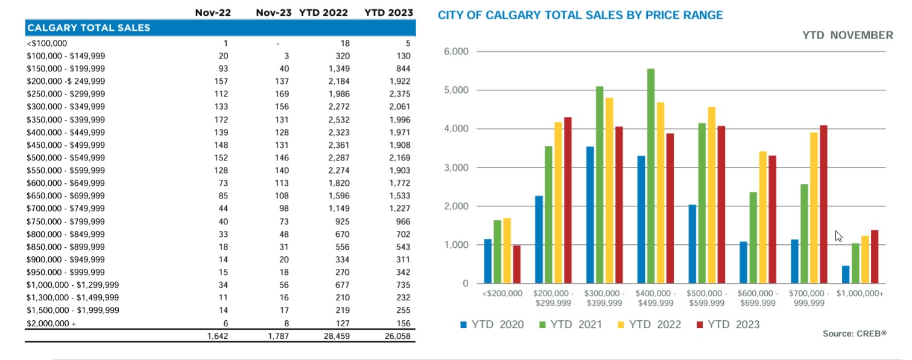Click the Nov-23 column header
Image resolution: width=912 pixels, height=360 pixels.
273,13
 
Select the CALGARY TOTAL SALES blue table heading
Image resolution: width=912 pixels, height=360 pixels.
89,28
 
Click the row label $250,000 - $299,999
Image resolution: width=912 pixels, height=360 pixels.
66,94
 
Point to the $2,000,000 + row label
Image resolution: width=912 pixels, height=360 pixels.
52,323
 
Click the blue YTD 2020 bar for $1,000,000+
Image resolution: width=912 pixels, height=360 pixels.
846,274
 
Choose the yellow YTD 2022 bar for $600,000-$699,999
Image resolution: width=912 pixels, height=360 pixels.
762,217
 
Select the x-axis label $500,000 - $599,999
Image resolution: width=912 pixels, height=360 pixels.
706,298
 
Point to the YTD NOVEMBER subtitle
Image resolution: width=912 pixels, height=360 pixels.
847,36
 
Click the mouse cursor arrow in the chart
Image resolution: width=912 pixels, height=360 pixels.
838,236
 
